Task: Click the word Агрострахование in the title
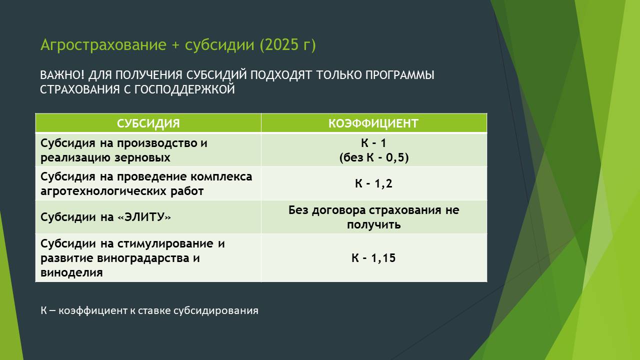click(103, 45)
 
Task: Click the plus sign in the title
click(175, 45)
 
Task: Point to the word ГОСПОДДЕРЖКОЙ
click(184, 89)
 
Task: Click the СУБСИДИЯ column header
click(148, 123)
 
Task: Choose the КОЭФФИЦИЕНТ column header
click(373, 123)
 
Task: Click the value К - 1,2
click(373, 183)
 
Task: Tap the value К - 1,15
click(373, 258)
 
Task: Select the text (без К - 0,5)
click(373, 157)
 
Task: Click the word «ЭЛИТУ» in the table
click(144, 217)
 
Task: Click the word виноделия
click(71, 272)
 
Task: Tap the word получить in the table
click(373, 225)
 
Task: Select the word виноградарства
click(143, 258)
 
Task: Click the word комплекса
click(221, 177)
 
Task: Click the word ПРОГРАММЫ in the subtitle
click(400, 75)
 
